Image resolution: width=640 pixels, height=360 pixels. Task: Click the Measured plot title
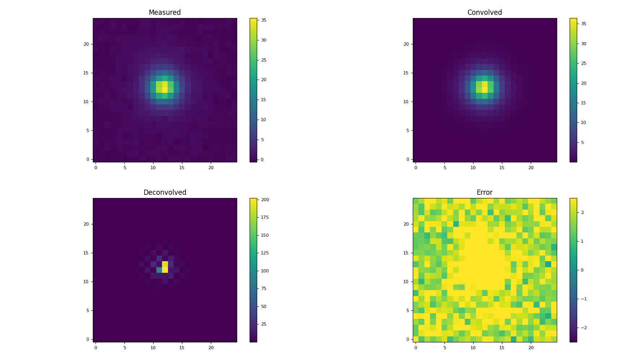click(x=164, y=12)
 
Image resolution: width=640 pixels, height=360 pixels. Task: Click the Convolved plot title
click(x=484, y=12)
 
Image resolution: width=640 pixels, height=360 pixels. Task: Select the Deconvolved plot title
click(x=164, y=192)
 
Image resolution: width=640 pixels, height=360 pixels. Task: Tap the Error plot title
click(x=484, y=192)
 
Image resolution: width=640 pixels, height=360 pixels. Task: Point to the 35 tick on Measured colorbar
click(x=264, y=20)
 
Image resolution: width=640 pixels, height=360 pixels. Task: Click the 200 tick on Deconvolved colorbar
click(x=265, y=200)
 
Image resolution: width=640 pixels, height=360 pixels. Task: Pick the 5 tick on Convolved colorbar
click(x=582, y=142)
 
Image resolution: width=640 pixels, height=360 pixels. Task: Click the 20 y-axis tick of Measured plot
click(x=86, y=44)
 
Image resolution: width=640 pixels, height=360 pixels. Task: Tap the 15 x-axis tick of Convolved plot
click(x=502, y=168)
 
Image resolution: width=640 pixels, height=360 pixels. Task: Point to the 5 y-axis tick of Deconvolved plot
click(x=87, y=310)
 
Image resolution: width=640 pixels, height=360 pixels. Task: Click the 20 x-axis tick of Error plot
click(x=531, y=348)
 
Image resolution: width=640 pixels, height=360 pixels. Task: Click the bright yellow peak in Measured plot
click(x=165, y=87)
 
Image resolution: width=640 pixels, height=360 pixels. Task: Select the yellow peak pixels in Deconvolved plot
click(x=165, y=267)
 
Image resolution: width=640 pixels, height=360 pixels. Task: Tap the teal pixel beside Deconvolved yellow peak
click(x=159, y=270)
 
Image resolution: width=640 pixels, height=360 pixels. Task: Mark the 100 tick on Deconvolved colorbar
click(x=265, y=271)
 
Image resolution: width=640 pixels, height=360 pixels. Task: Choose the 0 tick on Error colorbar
click(x=582, y=270)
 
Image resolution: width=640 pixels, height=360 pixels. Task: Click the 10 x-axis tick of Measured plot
click(x=153, y=168)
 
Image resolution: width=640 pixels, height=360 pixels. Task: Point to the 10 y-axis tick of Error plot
click(x=406, y=282)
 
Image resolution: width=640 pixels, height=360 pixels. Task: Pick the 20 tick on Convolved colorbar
click(x=583, y=83)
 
